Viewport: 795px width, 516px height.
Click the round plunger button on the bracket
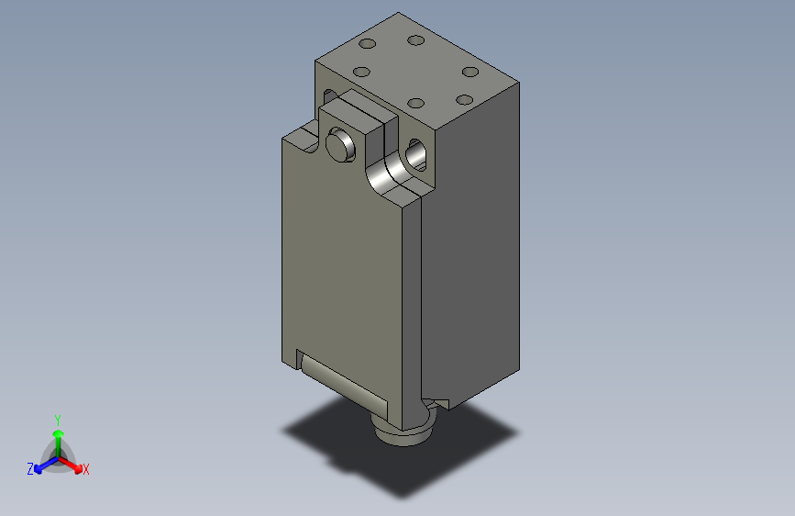tap(340, 145)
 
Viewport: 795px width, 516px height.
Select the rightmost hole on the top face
tap(470, 72)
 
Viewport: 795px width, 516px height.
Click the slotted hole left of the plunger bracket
tap(329, 95)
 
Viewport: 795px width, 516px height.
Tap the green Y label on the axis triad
tap(57, 419)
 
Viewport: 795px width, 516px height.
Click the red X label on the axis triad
tap(86, 470)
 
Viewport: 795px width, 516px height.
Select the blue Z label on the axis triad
tap(30, 469)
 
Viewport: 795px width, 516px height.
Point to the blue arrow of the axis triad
tap(42, 464)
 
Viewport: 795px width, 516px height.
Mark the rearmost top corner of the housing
tap(399, 14)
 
